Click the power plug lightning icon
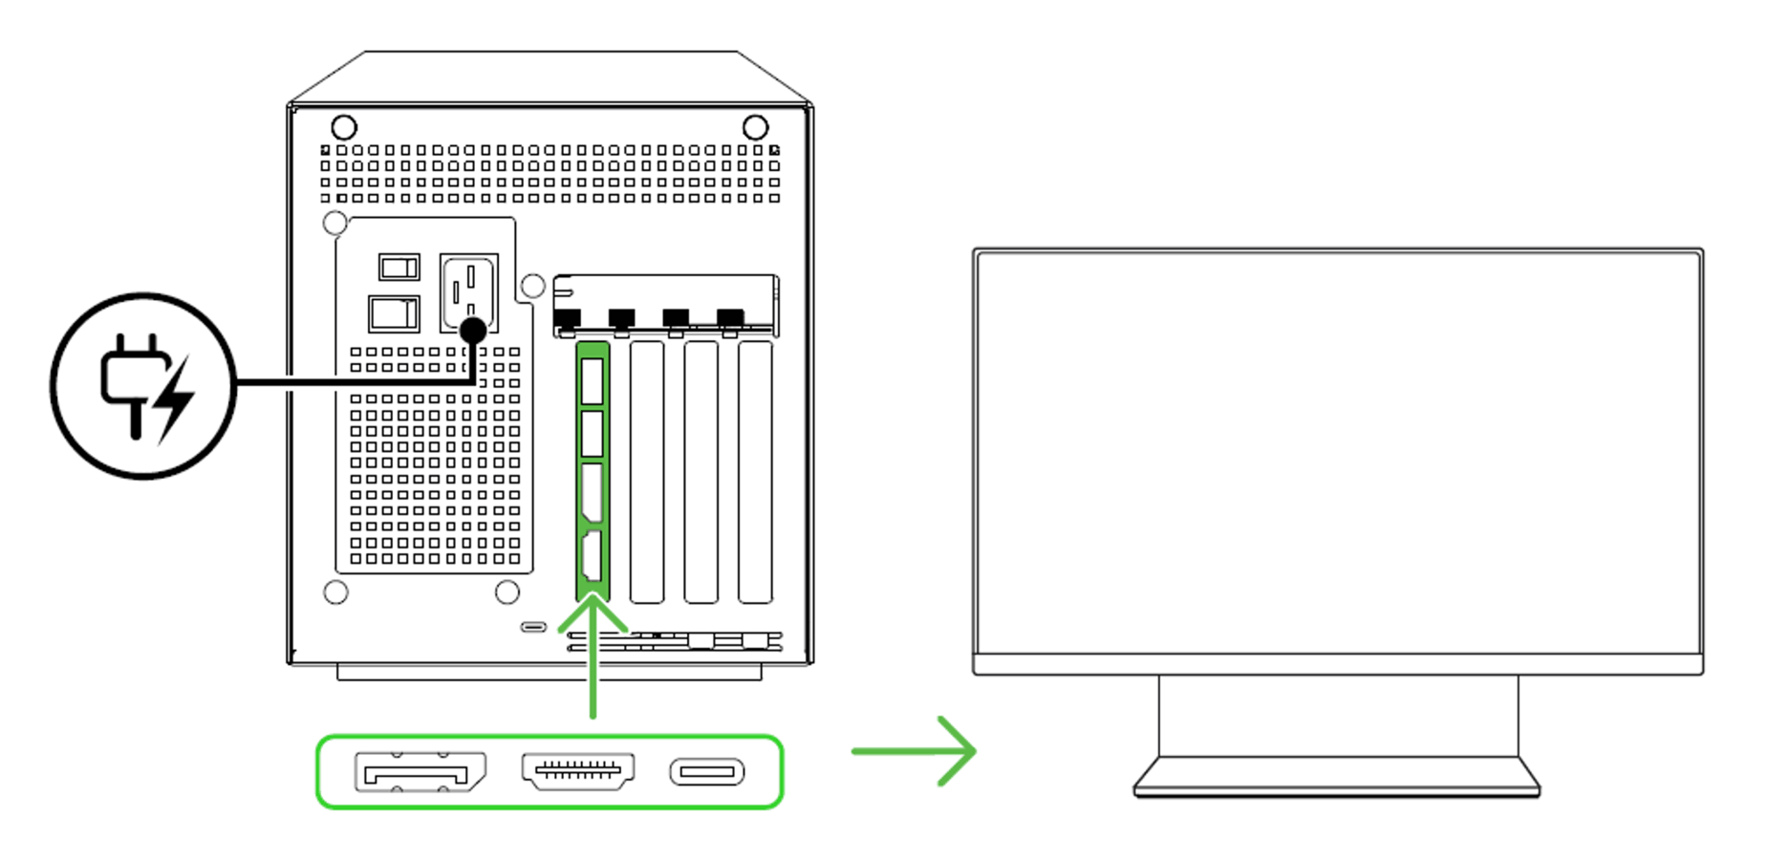point(143,386)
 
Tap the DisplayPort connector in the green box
point(420,772)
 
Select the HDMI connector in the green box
point(578,770)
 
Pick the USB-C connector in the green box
point(707,772)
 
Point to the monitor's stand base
point(1336,778)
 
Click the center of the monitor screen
point(1338,453)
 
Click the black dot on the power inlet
point(473,331)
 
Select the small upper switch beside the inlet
point(399,267)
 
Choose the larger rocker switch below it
point(394,313)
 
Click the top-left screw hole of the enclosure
point(344,127)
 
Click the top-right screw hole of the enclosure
point(755,127)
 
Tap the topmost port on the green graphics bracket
point(593,381)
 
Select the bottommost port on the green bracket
point(593,556)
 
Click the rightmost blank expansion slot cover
point(755,472)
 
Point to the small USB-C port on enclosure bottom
point(533,627)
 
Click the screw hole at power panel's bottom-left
point(335,592)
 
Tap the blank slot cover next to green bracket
point(647,472)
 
